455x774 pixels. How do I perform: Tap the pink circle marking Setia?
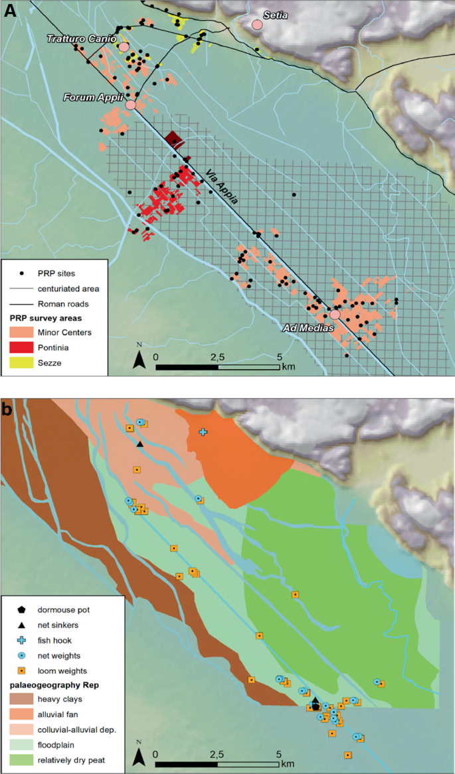coord(257,25)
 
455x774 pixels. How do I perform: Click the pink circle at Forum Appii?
coord(130,105)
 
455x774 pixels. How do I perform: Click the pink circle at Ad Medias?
coord(335,314)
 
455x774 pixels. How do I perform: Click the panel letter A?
coord(10,11)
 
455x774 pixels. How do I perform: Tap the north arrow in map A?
coord(139,359)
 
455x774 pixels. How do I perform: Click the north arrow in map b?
coord(139,755)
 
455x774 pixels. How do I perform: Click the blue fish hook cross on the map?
coord(203,432)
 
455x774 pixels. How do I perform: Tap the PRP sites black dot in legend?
coord(23,273)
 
